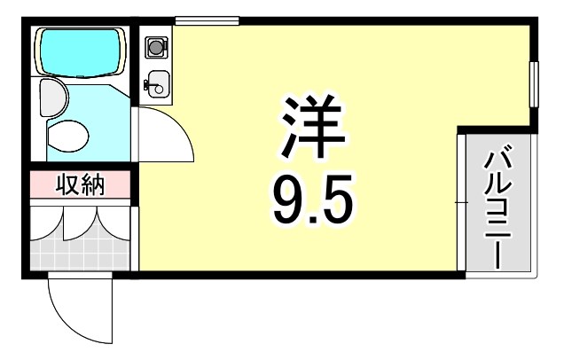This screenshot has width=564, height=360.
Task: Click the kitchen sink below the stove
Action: click(157, 82)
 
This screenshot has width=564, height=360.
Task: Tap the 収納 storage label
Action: click(81, 185)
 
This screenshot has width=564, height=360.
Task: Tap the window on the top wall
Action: click(207, 20)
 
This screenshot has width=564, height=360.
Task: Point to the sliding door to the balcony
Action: click(461, 204)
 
